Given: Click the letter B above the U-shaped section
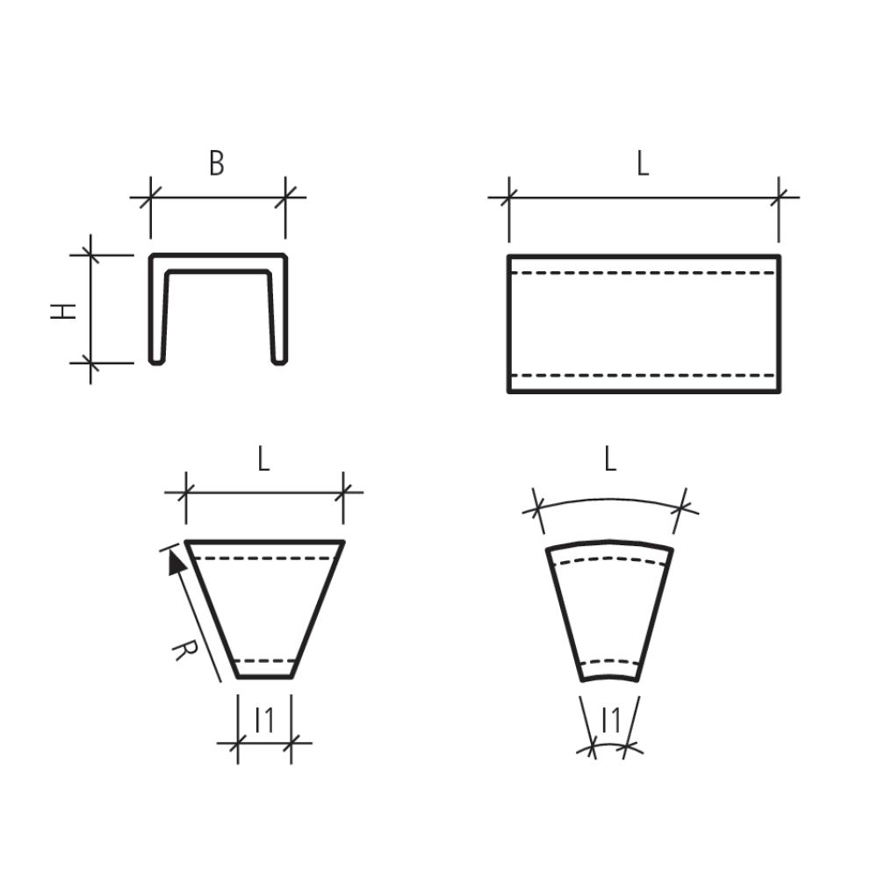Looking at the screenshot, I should click(216, 163).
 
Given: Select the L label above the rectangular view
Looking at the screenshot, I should click(643, 163).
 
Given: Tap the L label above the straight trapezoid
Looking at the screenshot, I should click(263, 459).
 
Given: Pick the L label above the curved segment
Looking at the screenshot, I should click(610, 459).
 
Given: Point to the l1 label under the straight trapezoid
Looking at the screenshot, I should click(264, 720).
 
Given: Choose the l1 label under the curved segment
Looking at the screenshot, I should click(611, 720).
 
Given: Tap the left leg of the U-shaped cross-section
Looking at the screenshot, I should click(159, 312).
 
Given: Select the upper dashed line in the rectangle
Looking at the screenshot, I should click(644, 273).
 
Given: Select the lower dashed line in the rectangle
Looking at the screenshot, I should click(644, 376).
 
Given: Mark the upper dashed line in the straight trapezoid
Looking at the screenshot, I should click(263, 558).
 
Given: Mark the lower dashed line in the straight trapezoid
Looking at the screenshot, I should click(264, 660).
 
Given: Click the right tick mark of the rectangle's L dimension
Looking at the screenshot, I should click(778, 197).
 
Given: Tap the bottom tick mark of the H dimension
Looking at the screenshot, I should click(90, 362).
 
